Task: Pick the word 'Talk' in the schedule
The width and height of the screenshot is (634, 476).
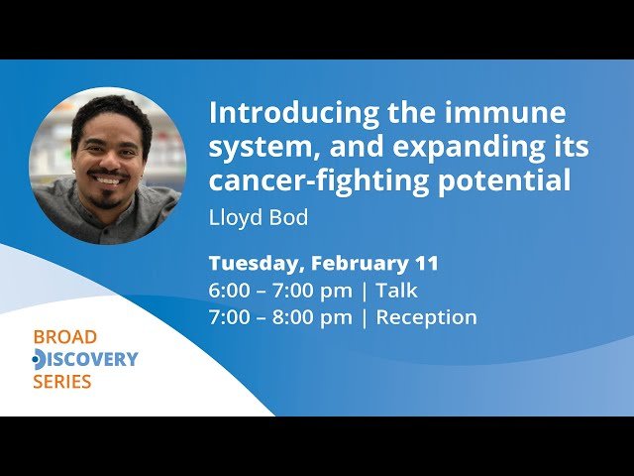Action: tap(396, 291)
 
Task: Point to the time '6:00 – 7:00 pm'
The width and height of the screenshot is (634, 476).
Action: tap(280, 291)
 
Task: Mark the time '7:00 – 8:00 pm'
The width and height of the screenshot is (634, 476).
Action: tap(280, 317)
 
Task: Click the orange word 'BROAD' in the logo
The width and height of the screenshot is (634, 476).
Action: tap(65, 337)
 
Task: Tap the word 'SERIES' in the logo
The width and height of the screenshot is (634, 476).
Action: tap(61, 382)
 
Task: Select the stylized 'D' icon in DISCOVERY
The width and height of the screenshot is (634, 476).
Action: tap(39, 359)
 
